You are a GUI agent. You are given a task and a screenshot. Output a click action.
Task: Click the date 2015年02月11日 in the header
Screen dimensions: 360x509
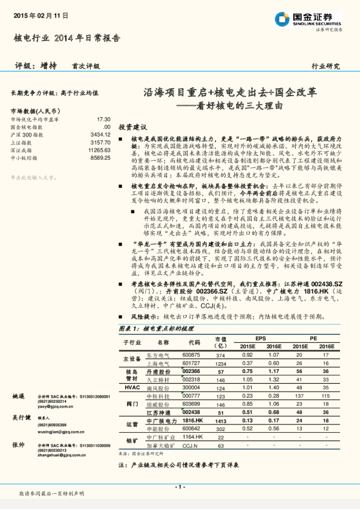(x=40, y=14)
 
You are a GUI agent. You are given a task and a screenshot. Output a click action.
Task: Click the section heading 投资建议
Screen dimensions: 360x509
(x=133, y=128)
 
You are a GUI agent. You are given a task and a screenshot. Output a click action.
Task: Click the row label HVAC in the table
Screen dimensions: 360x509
(x=132, y=387)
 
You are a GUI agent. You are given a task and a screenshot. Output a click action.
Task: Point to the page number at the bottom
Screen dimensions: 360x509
(x=180, y=487)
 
